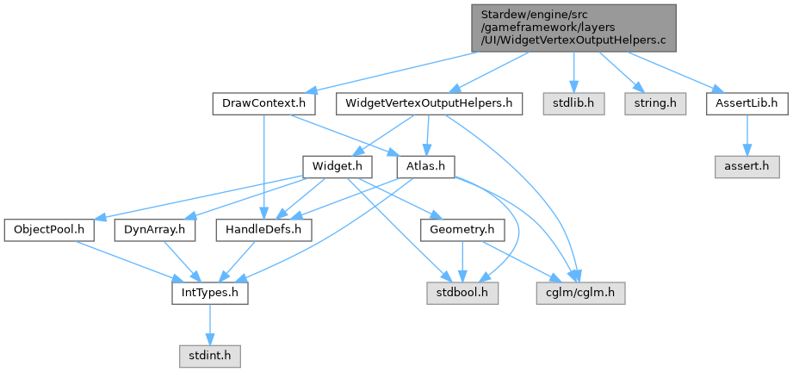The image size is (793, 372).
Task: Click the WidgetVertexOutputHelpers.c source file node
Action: (573, 28)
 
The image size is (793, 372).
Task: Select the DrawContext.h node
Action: (263, 104)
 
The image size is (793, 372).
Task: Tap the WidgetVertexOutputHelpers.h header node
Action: (430, 104)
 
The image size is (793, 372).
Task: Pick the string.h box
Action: (656, 104)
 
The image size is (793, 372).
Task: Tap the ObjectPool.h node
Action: (48, 230)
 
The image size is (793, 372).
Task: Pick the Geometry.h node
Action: (462, 230)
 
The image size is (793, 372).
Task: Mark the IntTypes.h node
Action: (209, 293)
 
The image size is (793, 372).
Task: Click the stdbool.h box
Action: (462, 293)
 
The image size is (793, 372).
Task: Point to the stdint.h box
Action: (209, 354)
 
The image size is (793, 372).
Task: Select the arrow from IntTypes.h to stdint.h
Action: (209, 324)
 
